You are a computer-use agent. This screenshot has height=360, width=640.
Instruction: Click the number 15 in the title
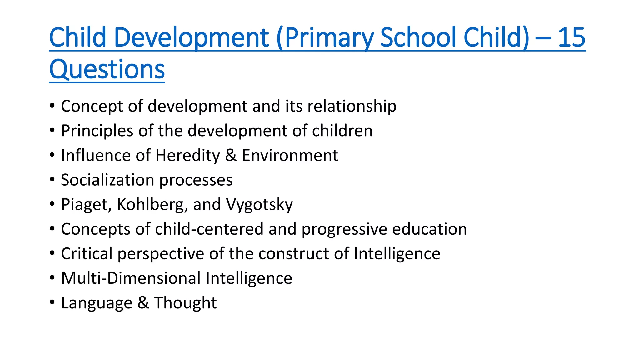click(x=572, y=37)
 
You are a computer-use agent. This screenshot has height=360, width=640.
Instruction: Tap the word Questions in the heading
click(x=107, y=69)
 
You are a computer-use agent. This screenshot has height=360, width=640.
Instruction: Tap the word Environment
click(x=290, y=155)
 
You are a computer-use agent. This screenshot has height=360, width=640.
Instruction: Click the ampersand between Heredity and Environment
click(x=231, y=155)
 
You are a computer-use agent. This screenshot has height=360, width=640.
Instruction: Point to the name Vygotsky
click(x=259, y=205)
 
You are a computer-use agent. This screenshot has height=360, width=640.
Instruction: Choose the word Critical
click(x=87, y=253)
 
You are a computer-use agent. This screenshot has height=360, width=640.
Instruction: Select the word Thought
click(x=185, y=303)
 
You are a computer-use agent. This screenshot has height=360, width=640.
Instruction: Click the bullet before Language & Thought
click(x=52, y=302)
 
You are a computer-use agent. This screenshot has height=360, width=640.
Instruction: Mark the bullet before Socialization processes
click(x=52, y=179)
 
